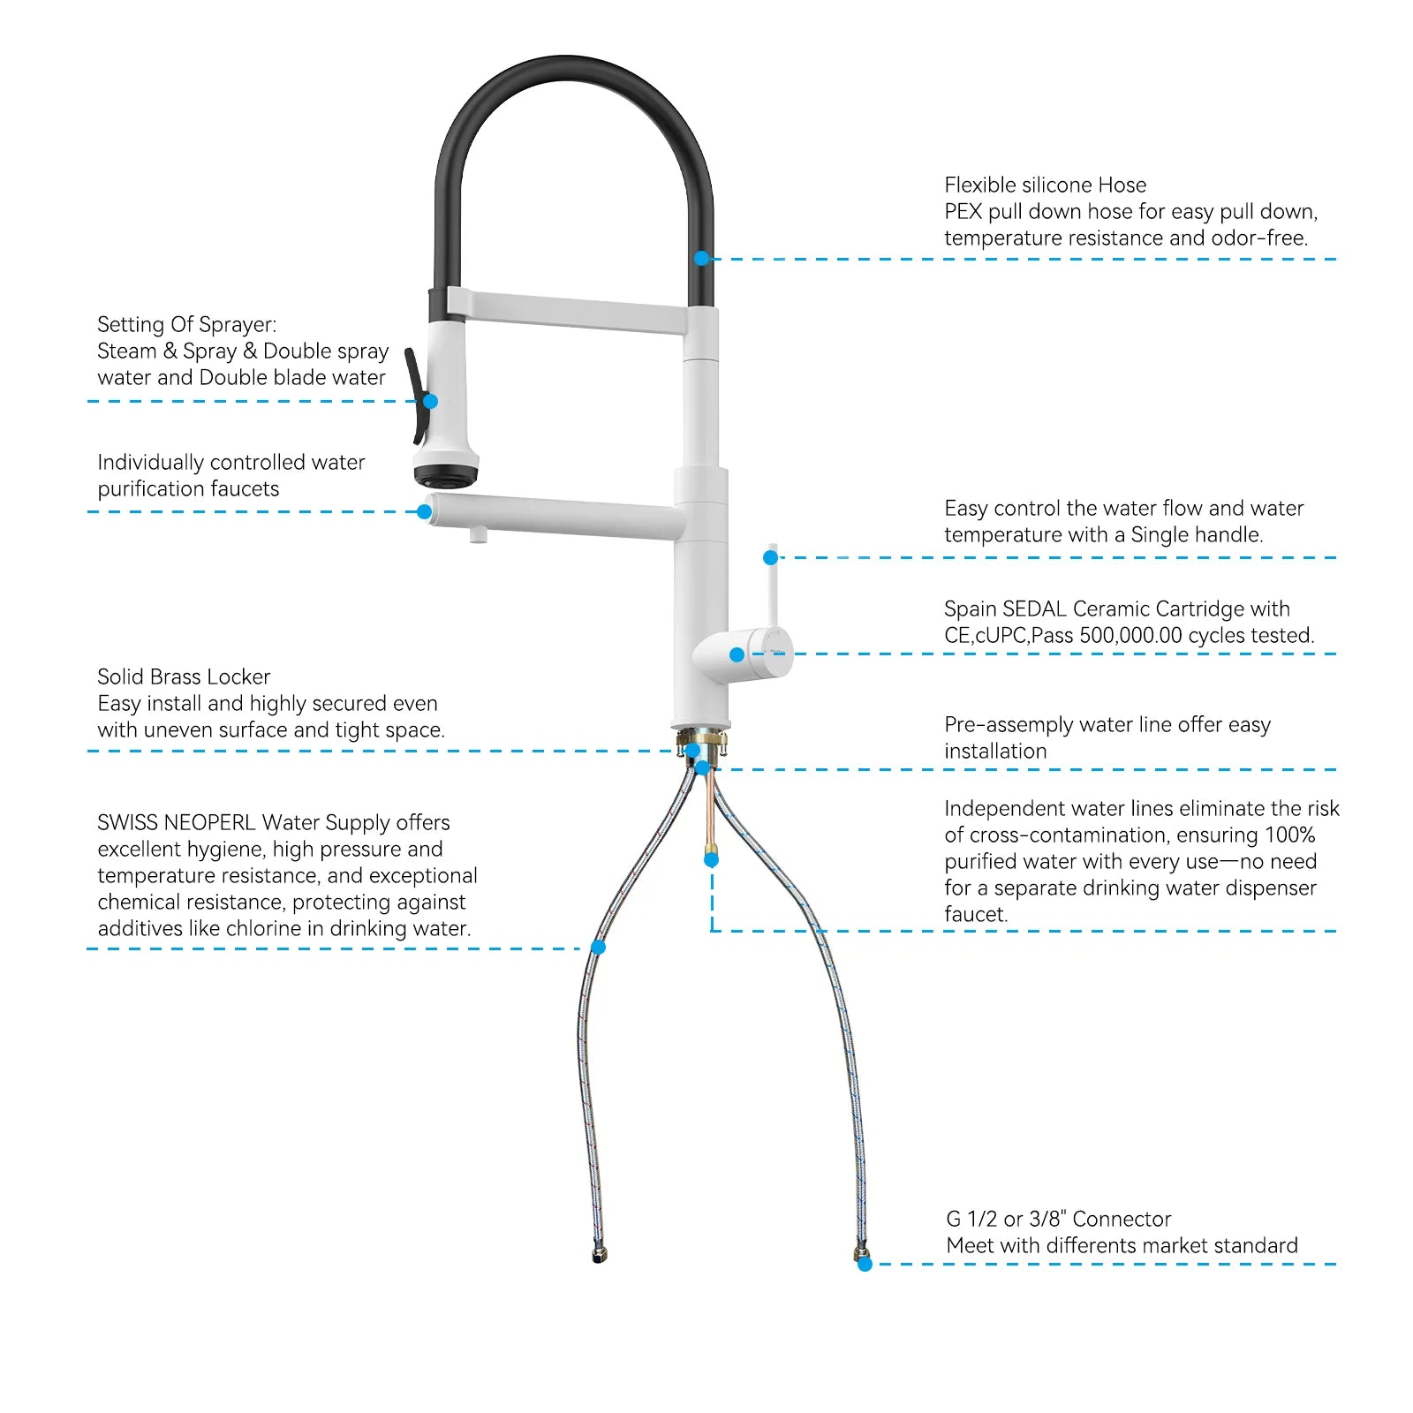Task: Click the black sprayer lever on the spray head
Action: tap(414, 395)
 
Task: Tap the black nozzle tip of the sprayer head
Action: tap(446, 477)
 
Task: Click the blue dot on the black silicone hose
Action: tap(702, 258)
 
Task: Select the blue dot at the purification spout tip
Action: tap(424, 511)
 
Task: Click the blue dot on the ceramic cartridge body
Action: tap(737, 654)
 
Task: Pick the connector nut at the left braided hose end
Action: tap(600, 1254)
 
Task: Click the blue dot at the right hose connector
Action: tap(865, 1264)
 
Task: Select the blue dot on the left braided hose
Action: tap(598, 947)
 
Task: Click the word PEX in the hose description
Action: tap(963, 211)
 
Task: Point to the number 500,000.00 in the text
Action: tap(1130, 635)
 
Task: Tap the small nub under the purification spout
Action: tap(478, 535)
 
